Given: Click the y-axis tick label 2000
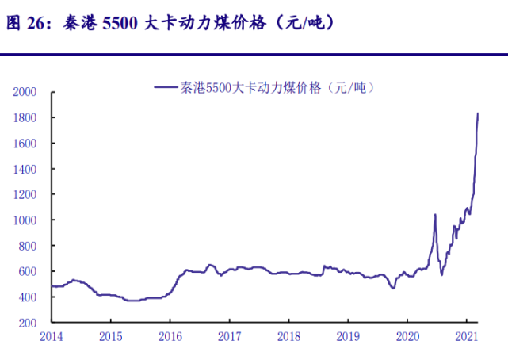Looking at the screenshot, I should (x=26, y=92).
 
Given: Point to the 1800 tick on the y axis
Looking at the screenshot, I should (x=26, y=117).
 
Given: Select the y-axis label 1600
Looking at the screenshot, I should (x=26, y=143).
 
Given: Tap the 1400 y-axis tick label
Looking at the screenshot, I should (x=26, y=169).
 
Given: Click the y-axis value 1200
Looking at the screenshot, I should (x=26, y=194).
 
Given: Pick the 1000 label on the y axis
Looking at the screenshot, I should (x=26, y=220).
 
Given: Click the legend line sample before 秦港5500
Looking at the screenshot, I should (x=165, y=87).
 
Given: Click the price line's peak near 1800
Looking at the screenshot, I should (x=478, y=113).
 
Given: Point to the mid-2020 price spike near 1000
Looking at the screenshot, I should (x=435, y=214).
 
